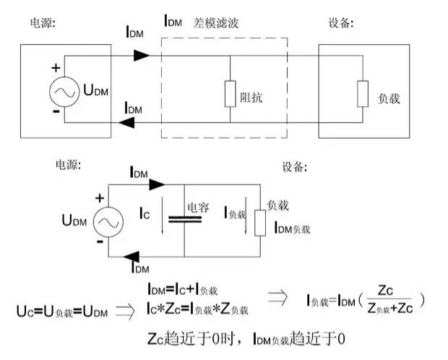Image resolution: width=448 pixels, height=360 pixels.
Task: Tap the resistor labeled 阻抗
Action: (230, 93)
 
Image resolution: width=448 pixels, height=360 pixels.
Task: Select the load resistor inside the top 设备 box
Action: (361, 93)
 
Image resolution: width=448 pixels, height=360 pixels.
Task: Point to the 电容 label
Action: (198, 208)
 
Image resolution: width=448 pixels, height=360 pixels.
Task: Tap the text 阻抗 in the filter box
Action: (253, 94)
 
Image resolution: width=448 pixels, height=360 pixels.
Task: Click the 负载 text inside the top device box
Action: (389, 94)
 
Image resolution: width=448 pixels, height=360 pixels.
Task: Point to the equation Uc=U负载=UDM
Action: (62, 311)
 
